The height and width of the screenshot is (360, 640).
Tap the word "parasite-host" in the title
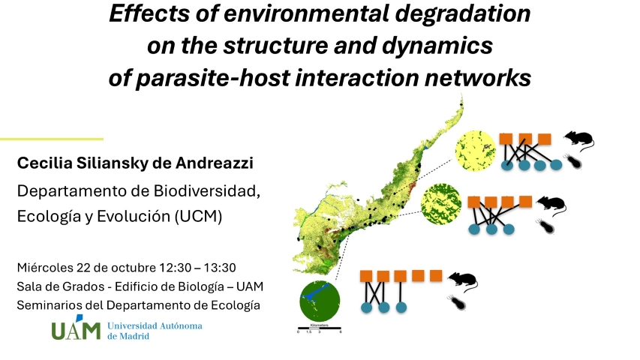212,77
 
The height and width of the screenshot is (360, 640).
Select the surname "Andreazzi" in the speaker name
215,163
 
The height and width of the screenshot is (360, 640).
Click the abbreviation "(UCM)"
198,216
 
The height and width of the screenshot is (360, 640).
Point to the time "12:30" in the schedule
175,268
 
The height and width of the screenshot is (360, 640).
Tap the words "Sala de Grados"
61,286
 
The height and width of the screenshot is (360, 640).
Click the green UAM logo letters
76,329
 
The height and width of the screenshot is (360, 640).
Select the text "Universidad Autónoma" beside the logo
155,325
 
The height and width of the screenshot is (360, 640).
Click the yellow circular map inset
475,151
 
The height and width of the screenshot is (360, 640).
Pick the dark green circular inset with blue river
320,301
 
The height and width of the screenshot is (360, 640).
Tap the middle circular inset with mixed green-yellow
441,204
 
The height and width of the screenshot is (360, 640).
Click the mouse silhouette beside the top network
578,140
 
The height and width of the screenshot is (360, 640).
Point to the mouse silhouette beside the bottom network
463,280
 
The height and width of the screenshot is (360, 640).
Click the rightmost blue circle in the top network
556,165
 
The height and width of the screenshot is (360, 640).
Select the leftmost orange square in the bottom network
366,276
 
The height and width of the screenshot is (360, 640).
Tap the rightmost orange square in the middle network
526,202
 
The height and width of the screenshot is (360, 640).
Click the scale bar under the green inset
320,328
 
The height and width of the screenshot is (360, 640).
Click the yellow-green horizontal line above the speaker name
52,139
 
